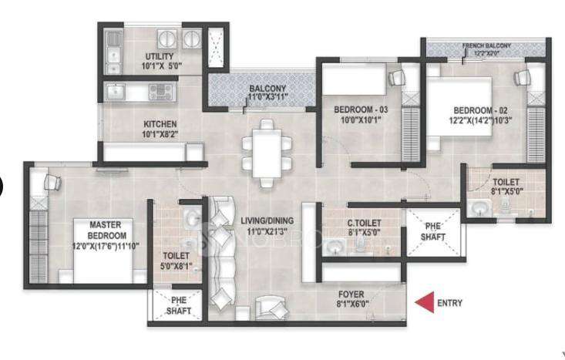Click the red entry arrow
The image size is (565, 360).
(422, 303)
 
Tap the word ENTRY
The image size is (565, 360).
(449, 303)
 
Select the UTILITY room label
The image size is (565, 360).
(160, 57)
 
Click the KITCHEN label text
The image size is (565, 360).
(160, 123)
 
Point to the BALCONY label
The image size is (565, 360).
(267, 89)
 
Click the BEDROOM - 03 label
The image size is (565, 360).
(361, 110)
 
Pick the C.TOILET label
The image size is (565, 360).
(361, 224)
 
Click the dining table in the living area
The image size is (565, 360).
(267, 153)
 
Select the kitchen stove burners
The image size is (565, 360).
(161, 93)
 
